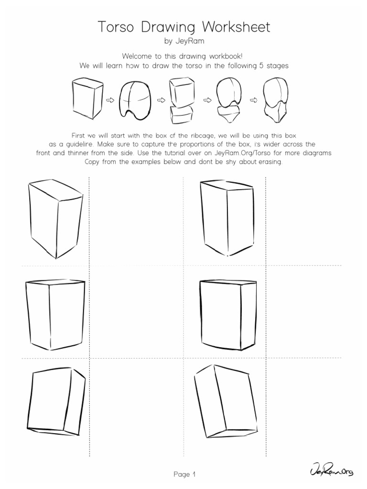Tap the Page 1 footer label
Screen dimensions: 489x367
click(x=184, y=475)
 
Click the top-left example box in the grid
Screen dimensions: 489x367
click(x=55, y=217)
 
